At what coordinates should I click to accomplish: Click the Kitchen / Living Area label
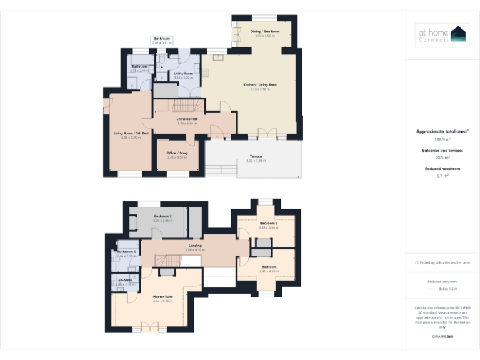tap(259, 84)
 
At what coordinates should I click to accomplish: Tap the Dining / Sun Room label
tap(264, 31)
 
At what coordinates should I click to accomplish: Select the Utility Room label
tap(183, 74)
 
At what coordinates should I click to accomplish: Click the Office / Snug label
tap(177, 152)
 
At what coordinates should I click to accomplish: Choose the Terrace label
tap(256, 156)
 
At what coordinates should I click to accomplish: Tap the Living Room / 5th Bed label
tap(131, 133)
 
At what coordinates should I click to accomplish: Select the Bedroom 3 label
tap(269, 223)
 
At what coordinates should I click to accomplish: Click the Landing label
tap(195, 246)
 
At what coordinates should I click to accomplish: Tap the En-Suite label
tap(125, 279)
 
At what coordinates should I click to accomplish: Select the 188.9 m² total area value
tap(442, 139)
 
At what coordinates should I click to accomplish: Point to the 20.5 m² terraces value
tap(442, 157)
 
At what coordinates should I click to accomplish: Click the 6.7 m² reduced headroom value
tap(442, 176)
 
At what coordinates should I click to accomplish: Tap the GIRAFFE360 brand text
tap(442, 337)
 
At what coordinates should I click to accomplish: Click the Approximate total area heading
tap(442, 131)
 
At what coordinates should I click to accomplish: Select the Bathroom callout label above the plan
tap(161, 39)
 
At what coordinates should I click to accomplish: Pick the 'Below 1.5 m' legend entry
tap(448, 289)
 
